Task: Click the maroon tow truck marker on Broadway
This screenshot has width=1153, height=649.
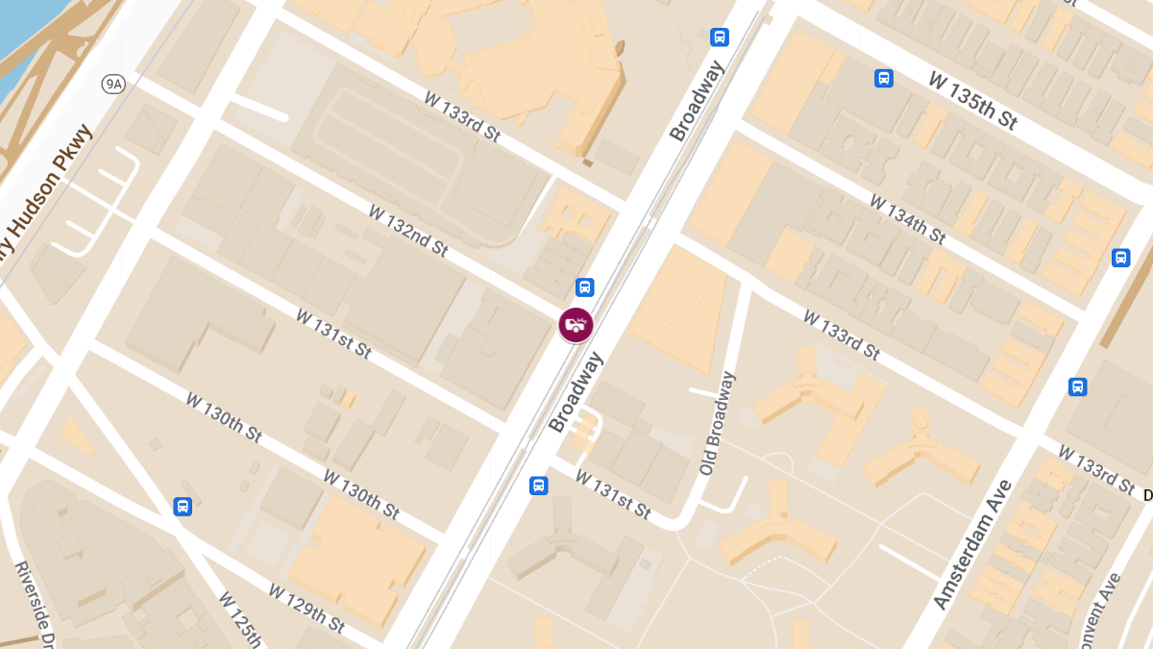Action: [x=576, y=324]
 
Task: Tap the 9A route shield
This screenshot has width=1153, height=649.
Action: [x=114, y=85]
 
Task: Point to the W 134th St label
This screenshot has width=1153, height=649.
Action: [x=908, y=219]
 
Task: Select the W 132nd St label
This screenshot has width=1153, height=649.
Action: [x=408, y=231]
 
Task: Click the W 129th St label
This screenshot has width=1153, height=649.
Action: [x=307, y=608]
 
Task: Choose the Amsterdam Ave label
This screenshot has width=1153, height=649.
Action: [x=972, y=544]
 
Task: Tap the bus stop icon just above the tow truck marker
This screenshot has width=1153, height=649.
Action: [x=584, y=287]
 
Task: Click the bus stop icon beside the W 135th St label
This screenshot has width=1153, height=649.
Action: [x=884, y=78]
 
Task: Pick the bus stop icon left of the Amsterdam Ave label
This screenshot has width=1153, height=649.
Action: [x=1077, y=387]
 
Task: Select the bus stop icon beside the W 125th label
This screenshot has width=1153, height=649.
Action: [x=183, y=506]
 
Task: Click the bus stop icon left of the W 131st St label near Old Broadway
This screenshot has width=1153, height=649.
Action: [x=539, y=486]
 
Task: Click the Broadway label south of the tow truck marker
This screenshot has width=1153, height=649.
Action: [x=576, y=392]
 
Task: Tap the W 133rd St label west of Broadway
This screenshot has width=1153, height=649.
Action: [x=462, y=117]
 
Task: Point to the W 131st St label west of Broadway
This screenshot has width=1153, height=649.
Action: [x=333, y=333]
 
